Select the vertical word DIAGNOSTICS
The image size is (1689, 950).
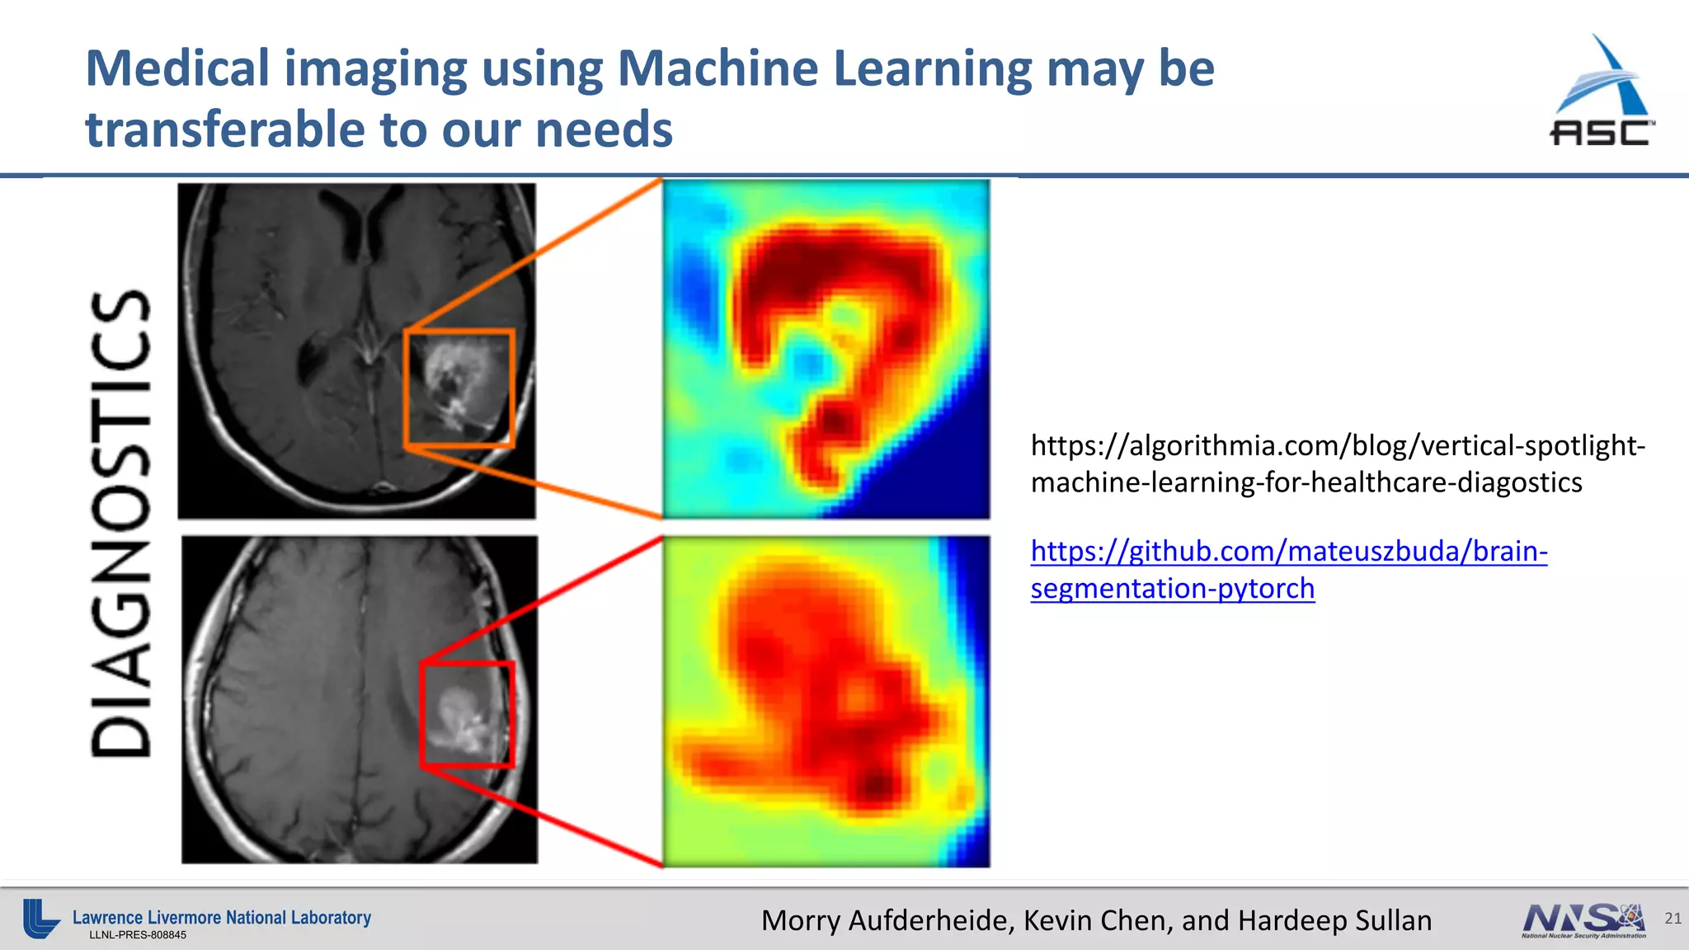pos(121,523)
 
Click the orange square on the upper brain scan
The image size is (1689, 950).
pos(459,388)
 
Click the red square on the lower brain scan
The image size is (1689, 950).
pos(467,714)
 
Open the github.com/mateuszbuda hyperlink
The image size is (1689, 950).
pos(1288,569)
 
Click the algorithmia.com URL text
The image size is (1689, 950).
pos(1337,463)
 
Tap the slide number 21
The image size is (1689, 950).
pos(1673,918)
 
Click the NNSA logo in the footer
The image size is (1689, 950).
pos(1583,920)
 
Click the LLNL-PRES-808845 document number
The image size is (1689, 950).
pos(138,935)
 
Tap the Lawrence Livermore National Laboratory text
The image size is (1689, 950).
pos(222,917)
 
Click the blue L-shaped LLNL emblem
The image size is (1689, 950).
pos(40,918)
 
